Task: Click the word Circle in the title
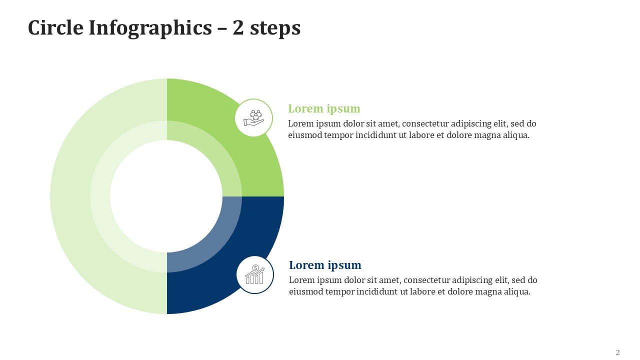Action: tap(55, 27)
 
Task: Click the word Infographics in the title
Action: tap(150, 28)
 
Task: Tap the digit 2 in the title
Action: tap(238, 27)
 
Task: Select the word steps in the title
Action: tap(275, 29)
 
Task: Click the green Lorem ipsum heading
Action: tap(324, 109)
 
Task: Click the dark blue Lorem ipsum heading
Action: tap(325, 265)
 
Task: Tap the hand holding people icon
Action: tap(253, 117)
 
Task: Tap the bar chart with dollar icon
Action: tap(255, 274)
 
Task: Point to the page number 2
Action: tap(617, 352)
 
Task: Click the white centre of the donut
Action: tap(166, 196)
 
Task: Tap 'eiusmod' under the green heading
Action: tap(305, 135)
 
